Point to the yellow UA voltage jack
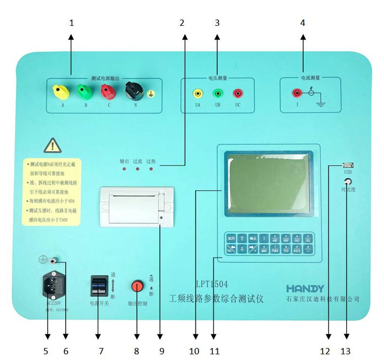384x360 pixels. [x=197, y=93]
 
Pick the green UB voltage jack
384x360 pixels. [x=218, y=93]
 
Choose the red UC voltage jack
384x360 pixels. [x=238, y=93]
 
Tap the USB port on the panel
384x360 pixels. [x=348, y=165]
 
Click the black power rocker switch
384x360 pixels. [x=99, y=286]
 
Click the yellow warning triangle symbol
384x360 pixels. [x=52, y=144]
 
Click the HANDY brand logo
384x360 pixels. [x=305, y=288]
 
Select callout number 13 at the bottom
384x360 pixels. [x=347, y=350]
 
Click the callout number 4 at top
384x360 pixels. [x=302, y=23]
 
